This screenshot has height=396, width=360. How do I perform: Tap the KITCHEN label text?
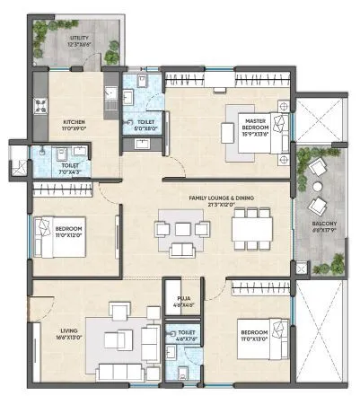coord(75,124)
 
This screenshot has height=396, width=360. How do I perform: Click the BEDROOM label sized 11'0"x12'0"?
coord(70,233)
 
